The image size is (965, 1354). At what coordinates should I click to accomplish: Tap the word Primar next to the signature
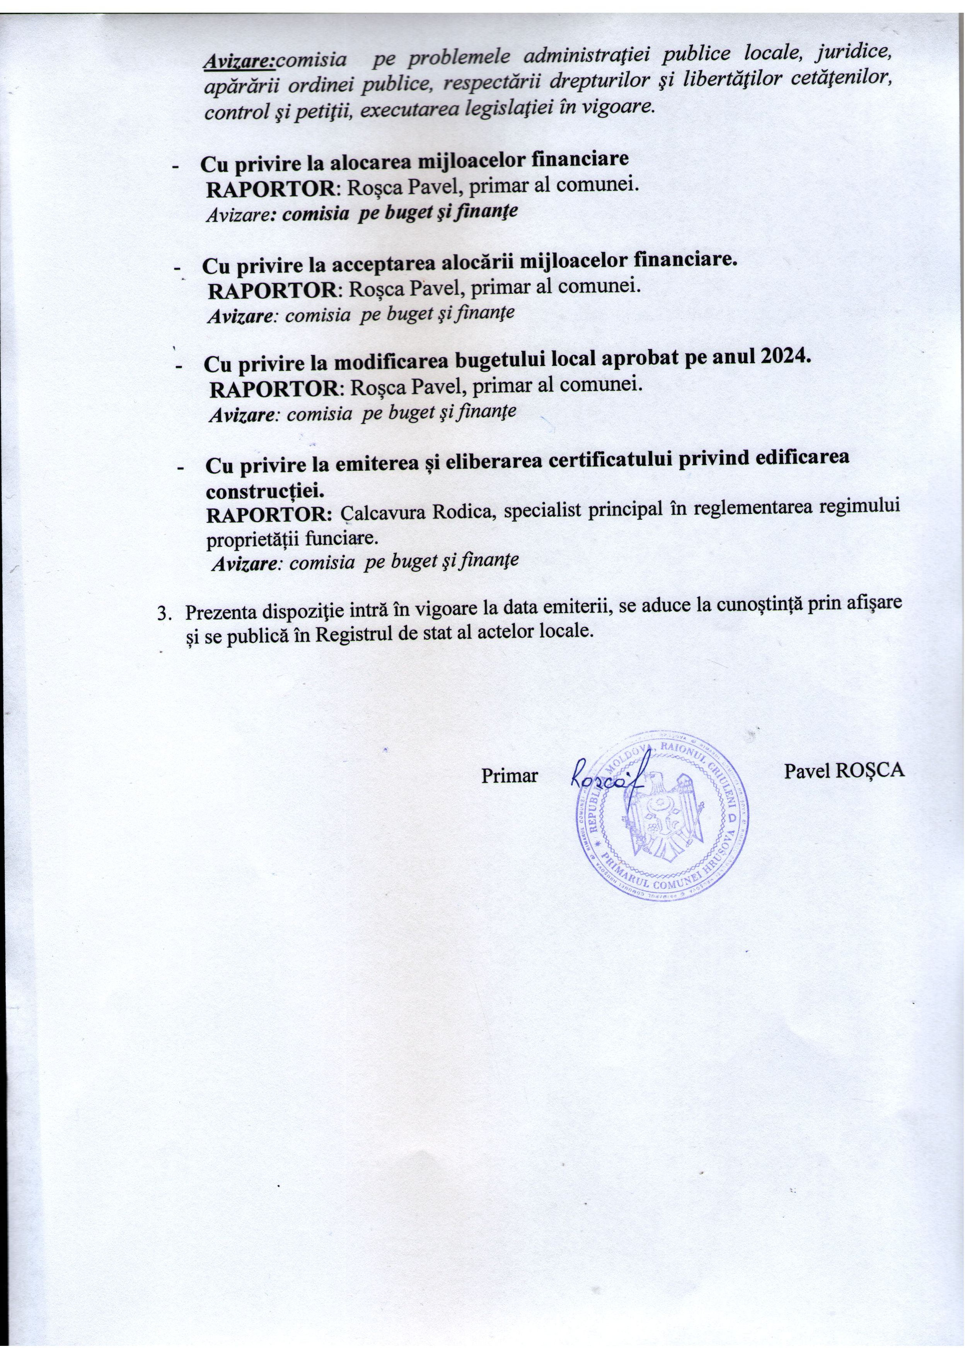click(509, 776)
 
